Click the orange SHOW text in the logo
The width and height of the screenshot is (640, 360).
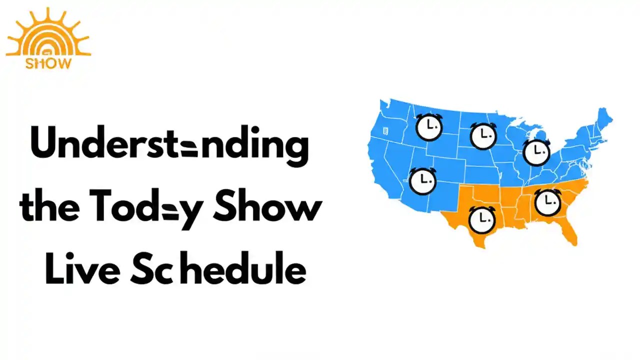[x=48, y=63]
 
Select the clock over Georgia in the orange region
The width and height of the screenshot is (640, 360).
[x=547, y=201]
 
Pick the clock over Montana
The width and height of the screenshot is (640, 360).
[x=429, y=127]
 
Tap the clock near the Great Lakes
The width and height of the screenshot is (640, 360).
[x=536, y=151]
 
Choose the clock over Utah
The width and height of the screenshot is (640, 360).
[x=422, y=180]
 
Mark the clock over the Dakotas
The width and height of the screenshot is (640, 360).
[x=483, y=135]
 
